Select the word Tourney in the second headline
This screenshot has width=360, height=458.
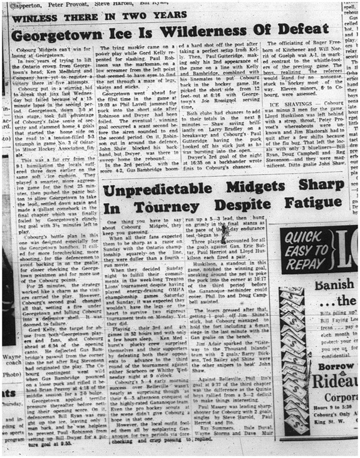160,210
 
